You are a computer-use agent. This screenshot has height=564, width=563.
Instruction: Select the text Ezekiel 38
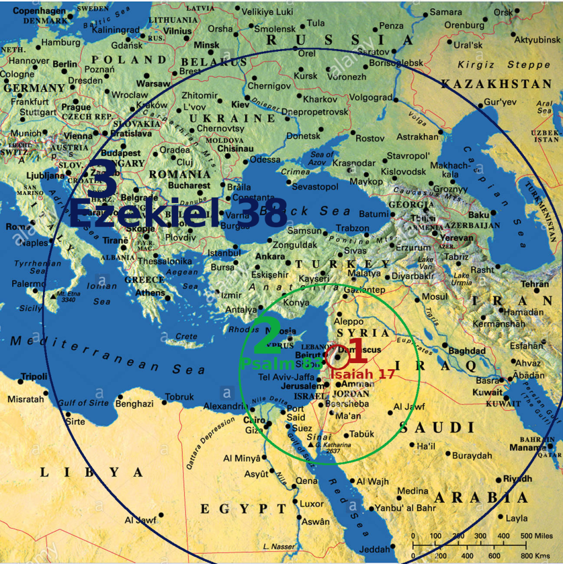pos(178,213)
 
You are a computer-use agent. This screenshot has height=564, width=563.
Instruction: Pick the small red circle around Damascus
pos(336,358)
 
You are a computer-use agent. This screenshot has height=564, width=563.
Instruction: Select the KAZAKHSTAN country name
pos(496,84)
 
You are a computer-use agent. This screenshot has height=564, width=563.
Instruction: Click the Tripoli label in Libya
pos(34,377)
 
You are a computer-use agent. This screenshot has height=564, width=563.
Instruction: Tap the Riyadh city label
pos(517,479)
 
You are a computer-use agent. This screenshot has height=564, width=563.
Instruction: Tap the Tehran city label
pos(535,284)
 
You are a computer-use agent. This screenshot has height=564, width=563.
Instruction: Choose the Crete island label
pos(185,337)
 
